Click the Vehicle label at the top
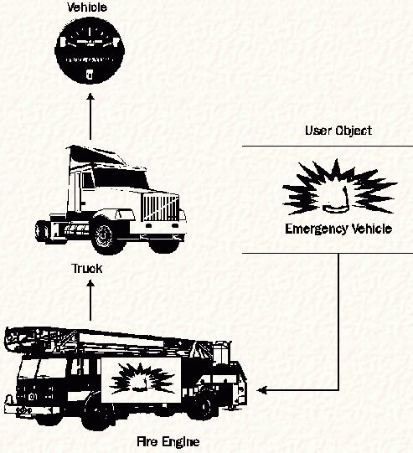(87, 8)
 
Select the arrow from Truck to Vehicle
(90, 116)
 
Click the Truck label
(86, 269)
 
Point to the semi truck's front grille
(160, 207)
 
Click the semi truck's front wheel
(104, 235)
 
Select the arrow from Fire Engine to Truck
(90, 300)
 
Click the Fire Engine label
(168, 442)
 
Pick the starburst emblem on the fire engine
(142, 379)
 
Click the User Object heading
(338, 131)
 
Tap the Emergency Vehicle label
(338, 229)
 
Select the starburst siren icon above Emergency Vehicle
(338, 187)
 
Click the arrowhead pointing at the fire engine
(262, 390)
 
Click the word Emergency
(316, 229)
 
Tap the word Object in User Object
(354, 131)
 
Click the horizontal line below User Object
(328, 146)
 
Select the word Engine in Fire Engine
(180, 442)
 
